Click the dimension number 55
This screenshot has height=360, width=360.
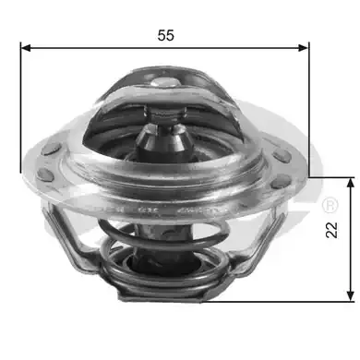(x=166, y=35)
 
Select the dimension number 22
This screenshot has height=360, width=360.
(x=331, y=230)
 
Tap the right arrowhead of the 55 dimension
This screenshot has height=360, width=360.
(x=303, y=48)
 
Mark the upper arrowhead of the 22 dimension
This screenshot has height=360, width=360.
(x=350, y=183)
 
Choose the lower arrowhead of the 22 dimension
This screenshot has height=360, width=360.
(x=350, y=295)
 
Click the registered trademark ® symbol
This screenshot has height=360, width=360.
(x=330, y=205)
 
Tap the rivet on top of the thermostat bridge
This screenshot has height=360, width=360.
(x=165, y=82)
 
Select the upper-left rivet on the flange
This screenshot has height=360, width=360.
(x=51, y=149)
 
